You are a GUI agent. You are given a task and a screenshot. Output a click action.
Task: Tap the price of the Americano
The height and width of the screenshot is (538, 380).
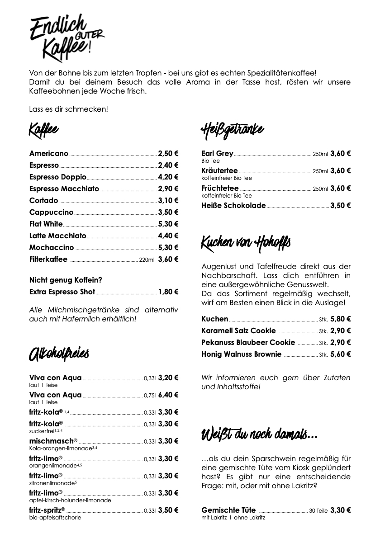click(168, 153)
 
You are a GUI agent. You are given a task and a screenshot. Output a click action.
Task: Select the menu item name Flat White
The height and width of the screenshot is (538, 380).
click(46, 224)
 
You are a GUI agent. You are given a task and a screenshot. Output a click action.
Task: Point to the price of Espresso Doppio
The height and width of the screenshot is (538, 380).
click(168, 177)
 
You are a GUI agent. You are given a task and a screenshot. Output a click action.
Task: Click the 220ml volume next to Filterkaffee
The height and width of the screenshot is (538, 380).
click(147, 260)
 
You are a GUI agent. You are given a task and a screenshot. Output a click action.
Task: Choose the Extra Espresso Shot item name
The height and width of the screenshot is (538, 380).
click(62, 292)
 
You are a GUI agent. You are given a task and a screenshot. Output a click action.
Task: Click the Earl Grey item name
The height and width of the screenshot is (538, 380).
click(217, 153)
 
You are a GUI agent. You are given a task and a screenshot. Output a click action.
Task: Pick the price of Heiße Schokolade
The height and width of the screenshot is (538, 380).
click(341, 205)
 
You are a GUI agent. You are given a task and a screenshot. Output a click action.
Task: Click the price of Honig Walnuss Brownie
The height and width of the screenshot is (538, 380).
click(341, 354)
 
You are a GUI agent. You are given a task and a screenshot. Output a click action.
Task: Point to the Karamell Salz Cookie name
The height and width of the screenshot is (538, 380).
click(238, 331)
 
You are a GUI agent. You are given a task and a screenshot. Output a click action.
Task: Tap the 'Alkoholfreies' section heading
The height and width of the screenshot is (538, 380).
click(59, 354)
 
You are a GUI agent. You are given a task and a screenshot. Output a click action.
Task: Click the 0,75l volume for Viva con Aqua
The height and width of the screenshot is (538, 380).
click(150, 395)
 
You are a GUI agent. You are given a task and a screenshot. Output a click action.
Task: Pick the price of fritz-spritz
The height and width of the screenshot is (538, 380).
click(168, 510)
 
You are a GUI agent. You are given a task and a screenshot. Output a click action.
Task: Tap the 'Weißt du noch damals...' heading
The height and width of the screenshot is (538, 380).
click(259, 435)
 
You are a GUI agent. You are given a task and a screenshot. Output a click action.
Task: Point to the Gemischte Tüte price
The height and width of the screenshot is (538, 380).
click(341, 510)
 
